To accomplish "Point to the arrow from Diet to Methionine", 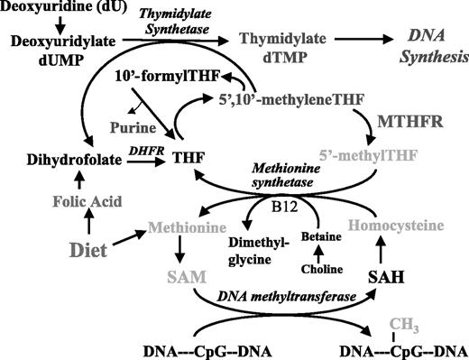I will point(123,237).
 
